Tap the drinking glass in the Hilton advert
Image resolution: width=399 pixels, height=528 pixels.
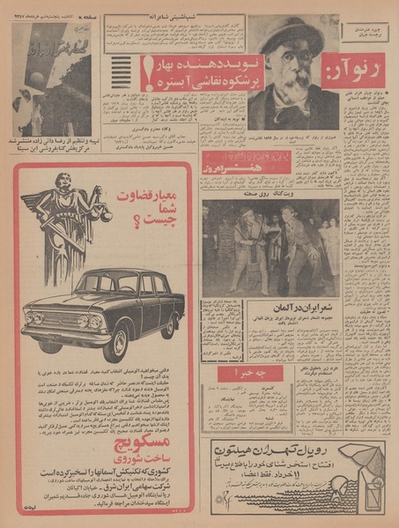[x=373, y=499]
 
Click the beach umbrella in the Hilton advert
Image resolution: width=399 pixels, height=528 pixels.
[x=362, y=458]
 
